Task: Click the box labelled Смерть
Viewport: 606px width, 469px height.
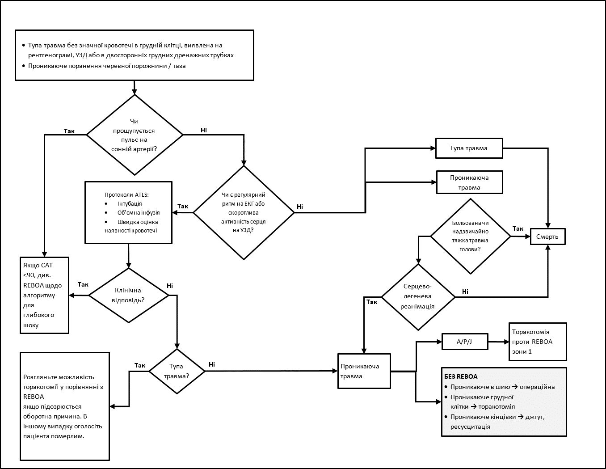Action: point(547,237)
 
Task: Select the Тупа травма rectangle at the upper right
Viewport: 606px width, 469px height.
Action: point(469,148)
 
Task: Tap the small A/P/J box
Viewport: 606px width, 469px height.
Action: point(464,342)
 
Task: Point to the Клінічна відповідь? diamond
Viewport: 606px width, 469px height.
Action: point(128,295)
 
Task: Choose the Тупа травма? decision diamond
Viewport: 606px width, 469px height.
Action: point(177,371)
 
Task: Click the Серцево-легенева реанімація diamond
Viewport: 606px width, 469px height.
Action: point(418,296)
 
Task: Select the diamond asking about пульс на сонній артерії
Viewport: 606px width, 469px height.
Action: point(135,135)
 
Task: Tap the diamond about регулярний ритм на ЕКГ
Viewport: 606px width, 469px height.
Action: point(244,213)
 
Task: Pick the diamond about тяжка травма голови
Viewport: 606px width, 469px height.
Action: point(470,236)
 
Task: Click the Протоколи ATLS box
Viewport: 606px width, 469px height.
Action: point(128,212)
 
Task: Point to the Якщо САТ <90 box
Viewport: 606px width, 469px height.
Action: point(44,295)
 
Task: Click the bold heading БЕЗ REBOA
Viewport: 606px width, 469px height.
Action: point(461,376)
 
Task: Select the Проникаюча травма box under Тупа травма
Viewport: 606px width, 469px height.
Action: point(469,182)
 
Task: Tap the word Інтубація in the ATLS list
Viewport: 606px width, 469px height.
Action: point(130,203)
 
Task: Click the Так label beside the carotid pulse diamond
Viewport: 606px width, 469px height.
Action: point(69,131)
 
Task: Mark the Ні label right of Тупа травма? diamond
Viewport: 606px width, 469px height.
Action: point(212,364)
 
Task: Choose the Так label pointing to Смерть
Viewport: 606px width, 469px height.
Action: point(518,229)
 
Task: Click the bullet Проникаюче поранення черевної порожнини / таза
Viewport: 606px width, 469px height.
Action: point(107,66)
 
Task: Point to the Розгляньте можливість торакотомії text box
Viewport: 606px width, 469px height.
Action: point(65,406)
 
